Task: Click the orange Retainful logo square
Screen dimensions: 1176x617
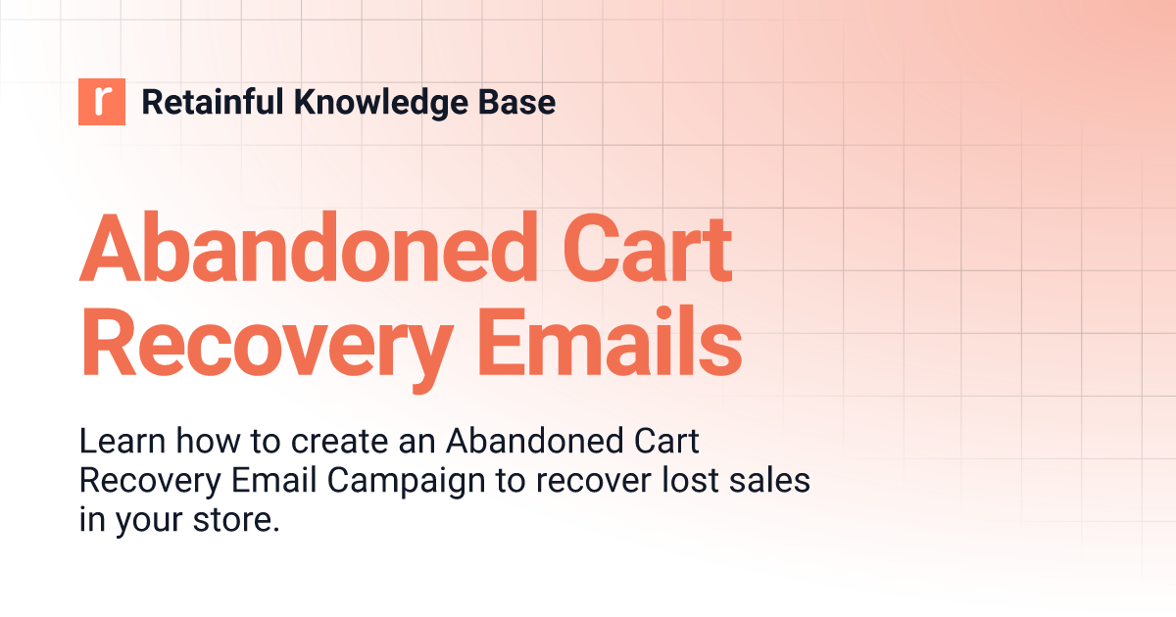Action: point(102,102)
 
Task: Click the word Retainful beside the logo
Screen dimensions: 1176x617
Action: point(213,101)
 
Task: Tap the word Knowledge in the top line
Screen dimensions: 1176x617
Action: point(380,102)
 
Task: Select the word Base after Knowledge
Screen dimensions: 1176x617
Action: point(516,102)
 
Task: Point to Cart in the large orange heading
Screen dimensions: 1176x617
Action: point(647,248)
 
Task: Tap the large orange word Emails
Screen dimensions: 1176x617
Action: point(609,341)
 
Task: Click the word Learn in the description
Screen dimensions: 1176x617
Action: point(122,441)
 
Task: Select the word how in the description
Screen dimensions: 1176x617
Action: point(208,441)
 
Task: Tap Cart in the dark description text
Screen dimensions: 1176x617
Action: point(666,442)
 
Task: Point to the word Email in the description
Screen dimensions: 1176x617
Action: point(273,480)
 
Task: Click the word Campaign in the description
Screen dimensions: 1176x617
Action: point(407,482)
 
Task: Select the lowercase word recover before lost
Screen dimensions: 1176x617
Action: point(593,482)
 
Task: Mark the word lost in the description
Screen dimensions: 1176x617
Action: point(690,480)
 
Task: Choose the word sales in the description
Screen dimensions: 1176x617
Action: point(769,481)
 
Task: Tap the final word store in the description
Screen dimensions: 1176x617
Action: point(231,520)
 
